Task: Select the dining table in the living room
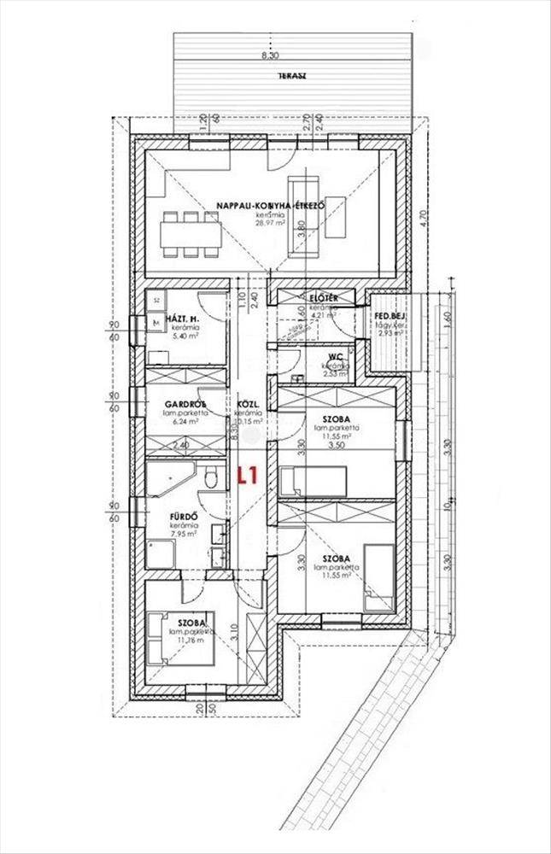(x=191, y=231)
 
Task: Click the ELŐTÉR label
(x=326, y=297)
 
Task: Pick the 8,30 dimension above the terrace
(x=269, y=56)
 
